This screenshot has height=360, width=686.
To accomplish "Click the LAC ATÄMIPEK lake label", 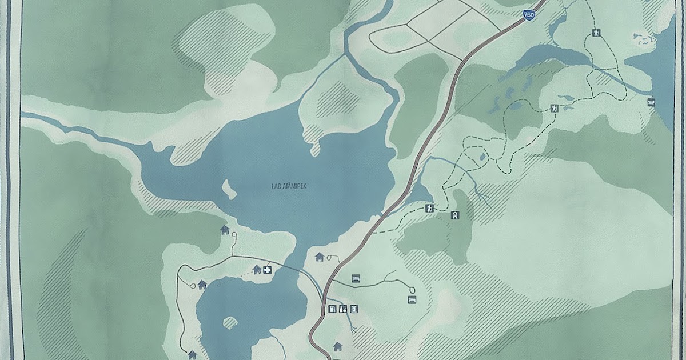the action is (289, 186).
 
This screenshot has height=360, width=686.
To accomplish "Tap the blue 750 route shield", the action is (529, 16).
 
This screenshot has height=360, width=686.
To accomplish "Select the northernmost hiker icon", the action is (596, 33).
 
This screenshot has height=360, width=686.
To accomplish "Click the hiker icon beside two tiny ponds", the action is (553, 108).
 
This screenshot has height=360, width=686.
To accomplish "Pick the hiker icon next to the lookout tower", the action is (429, 209).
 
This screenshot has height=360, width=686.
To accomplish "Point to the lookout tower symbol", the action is (455, 215).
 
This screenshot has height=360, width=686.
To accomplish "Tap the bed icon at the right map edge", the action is (651, 102).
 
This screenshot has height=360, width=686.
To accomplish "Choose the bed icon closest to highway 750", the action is (356, 278).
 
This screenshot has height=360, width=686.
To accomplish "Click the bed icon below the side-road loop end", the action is (411, 299).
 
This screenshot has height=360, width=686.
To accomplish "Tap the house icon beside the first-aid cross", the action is (257, 269).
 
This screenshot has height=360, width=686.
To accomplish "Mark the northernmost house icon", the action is (225, 230).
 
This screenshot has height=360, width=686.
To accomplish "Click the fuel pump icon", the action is (332, 310).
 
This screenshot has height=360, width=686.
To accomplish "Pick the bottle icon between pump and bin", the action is (343, 310).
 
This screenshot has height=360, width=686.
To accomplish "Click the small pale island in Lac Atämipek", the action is (229, 190).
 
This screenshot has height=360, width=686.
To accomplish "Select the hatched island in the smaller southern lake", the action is (230, 323).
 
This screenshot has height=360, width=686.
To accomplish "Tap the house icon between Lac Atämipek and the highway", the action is (320, 257).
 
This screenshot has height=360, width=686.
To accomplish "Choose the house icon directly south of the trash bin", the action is (338, 346).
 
